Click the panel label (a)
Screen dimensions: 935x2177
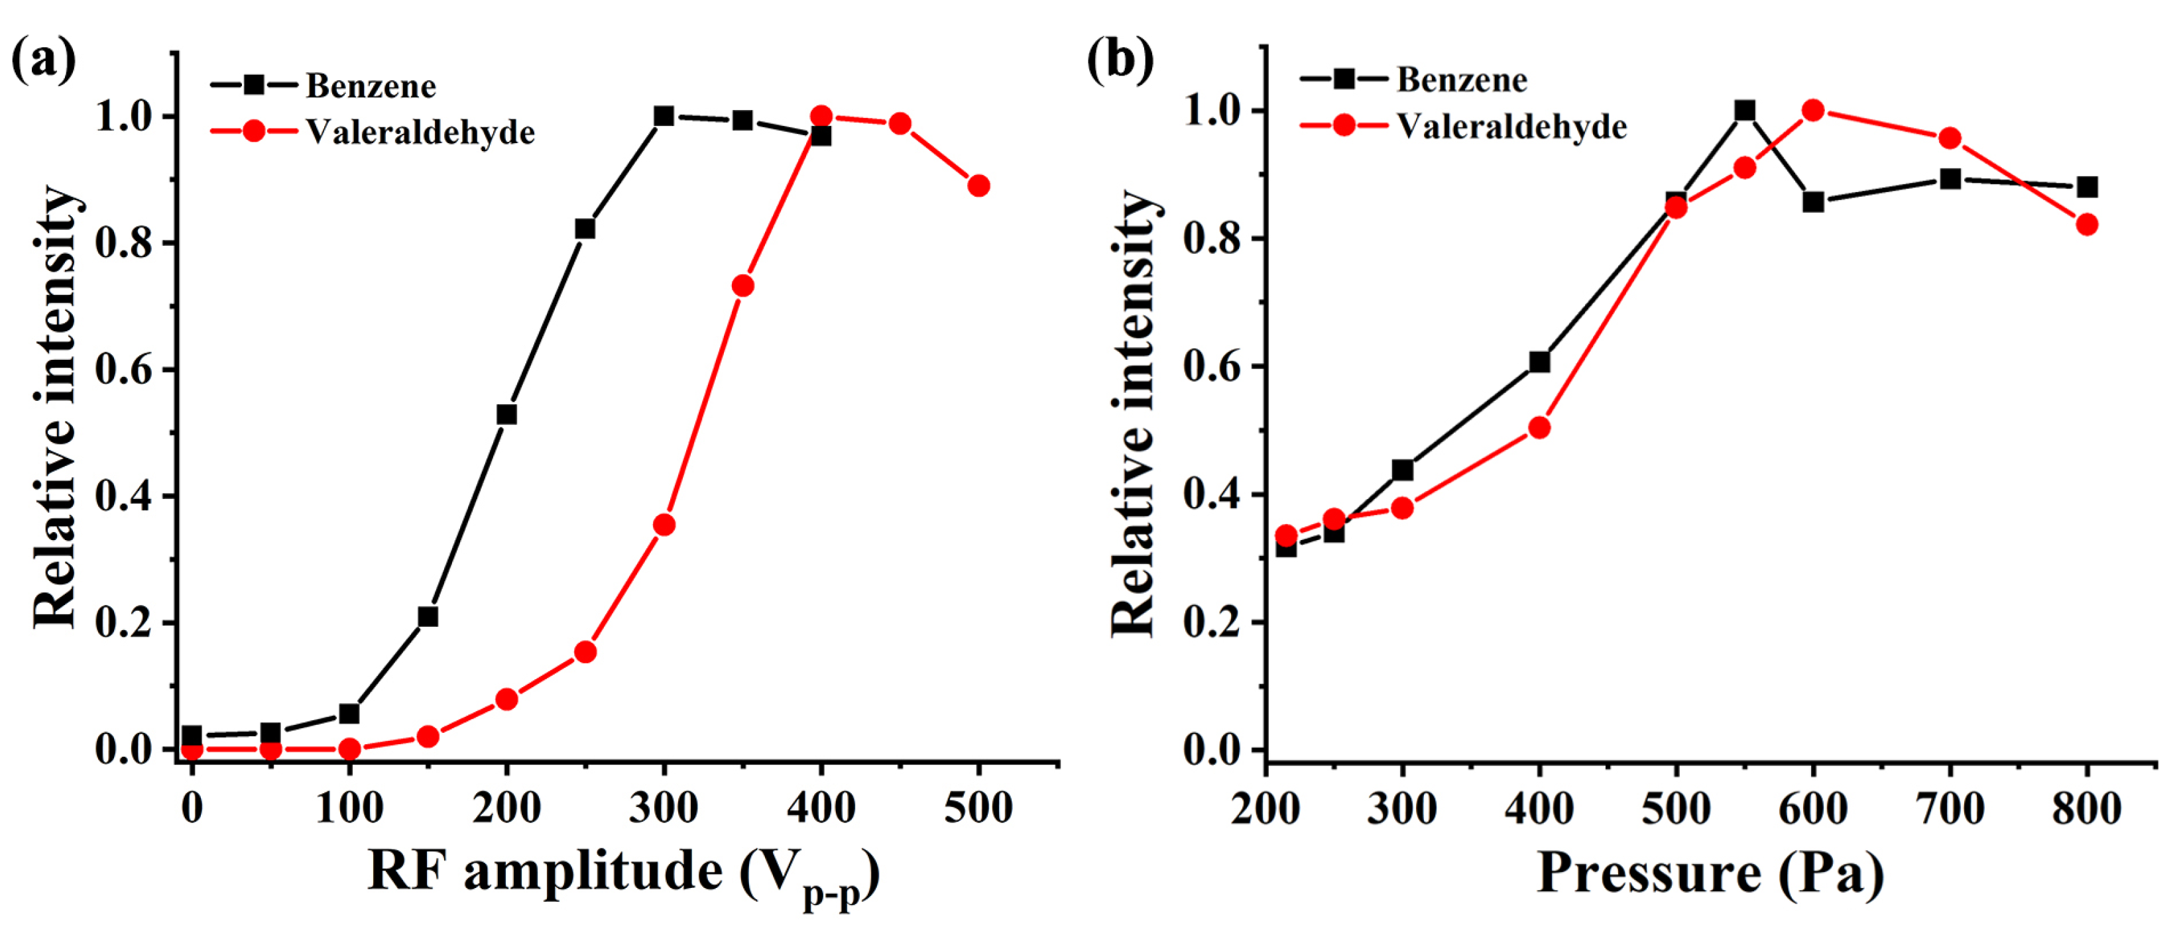(43, 61)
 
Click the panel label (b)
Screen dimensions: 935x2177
(1120, 61)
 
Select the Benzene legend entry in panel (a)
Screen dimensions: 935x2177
(370, 86)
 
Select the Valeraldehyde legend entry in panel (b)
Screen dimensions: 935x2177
(1511, 127)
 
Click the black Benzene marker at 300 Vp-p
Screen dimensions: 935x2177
(664, 116)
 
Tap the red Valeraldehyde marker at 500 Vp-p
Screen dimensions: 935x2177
(978, 186)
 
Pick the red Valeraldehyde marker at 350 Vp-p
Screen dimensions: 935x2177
(743, 286)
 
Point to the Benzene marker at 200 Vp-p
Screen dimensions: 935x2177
(506, 414)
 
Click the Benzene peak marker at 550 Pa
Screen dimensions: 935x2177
(1745, 111)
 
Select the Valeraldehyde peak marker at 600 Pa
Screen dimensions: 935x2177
(1813, 110)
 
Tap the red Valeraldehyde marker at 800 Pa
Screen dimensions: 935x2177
(2087, 225)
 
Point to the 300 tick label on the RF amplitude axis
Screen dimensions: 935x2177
(664, 808)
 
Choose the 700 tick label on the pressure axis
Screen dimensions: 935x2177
(1950, 808)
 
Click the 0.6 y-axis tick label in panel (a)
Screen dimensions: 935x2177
(123, 370)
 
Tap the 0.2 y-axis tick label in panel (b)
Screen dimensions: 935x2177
(1212, 622)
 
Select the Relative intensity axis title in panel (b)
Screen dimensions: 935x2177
(1132, 414)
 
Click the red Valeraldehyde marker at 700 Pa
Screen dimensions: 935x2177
(1950, 138)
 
